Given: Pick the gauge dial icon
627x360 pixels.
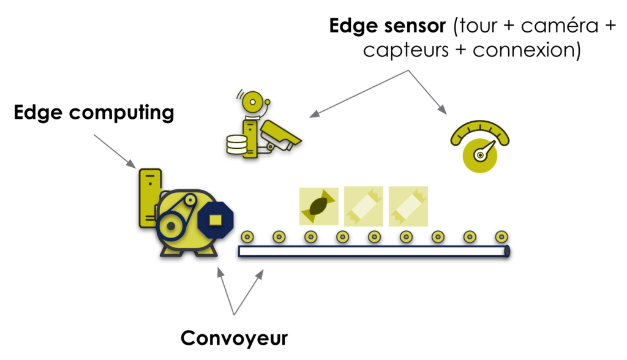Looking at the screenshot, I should tap(479, 146).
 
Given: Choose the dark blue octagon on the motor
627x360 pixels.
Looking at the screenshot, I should tap(216, 219).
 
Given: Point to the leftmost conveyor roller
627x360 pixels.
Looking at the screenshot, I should tap(247, 236).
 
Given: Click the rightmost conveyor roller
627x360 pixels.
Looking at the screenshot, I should tap(501, 236).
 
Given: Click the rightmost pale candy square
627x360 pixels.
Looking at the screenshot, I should tap(408, 206).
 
